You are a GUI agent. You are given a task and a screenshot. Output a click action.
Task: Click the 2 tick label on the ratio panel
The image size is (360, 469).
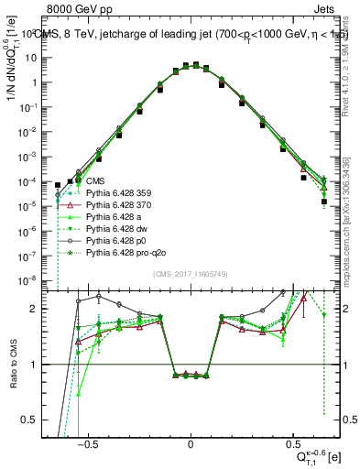click(42, 309)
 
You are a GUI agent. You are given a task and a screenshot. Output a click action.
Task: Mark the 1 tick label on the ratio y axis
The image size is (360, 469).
click(42, 365)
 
